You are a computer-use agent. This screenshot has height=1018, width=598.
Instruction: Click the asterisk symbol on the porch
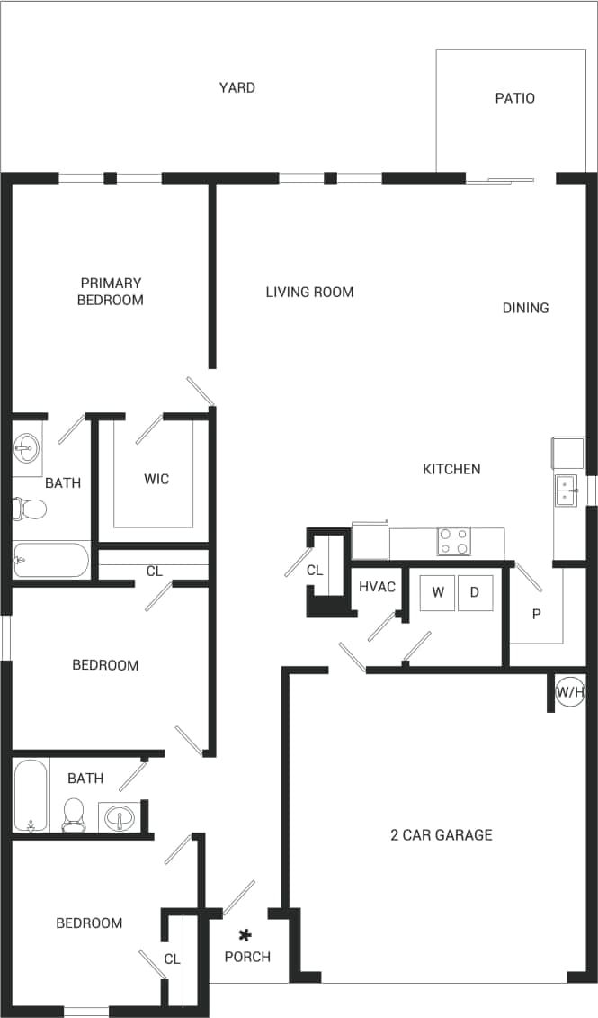click(x=244, y=936)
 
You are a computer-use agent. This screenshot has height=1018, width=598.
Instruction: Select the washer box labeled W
click(x=438, y=592)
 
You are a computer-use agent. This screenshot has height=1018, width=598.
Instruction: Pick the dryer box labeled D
click(x=475, y=592)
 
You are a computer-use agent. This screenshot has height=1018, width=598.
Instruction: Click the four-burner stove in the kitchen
click(x=453, y=541)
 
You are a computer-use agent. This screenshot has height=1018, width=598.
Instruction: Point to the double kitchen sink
click(x=566, y=491)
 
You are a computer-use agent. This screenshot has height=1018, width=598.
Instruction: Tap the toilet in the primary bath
click(x=30, y=509)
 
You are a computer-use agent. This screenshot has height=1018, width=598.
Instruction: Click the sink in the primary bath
click(x=27, y=446)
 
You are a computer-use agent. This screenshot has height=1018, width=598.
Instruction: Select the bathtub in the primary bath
click(x=51, y=560)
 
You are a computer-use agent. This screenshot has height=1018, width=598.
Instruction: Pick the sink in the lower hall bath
click(x=118, y=818)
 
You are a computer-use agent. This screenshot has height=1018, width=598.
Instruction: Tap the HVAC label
click(x=377, y=587)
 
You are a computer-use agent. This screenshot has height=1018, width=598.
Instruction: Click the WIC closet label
click(x=156, y=479)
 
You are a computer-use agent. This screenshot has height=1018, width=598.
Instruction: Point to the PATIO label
click(x=514, y=97)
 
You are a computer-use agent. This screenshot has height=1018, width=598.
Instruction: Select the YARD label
click(x=237, y=87)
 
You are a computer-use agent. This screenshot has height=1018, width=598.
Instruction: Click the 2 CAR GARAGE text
click(x=441, y=834)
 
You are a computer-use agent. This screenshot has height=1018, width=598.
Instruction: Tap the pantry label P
click(x=536, y=614)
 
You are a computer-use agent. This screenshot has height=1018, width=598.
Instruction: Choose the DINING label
click(x=525, y=308)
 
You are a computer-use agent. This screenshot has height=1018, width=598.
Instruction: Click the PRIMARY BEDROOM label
click(x=110, y=291)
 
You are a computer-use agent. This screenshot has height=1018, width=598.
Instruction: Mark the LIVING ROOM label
click(x=309, y=292)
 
